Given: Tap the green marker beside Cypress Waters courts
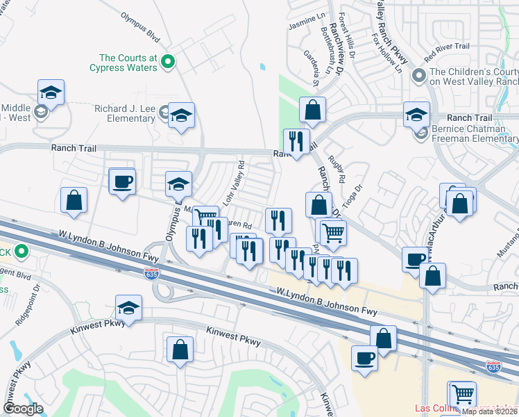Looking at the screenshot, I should click(167, 63).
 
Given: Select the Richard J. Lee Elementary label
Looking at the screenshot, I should click(125, 113).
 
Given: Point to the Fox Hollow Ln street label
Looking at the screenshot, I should click(386, 53).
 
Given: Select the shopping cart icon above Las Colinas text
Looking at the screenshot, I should click(461, 393).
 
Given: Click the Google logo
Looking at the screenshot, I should click(23, 409).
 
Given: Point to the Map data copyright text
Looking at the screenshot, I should click(490, 411).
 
